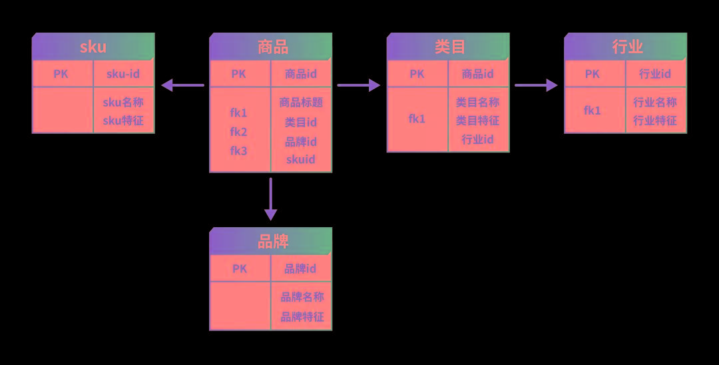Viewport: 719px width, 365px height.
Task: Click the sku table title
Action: [93, 47]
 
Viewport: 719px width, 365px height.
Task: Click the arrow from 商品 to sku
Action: [183, 85]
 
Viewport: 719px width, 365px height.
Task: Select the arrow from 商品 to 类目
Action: [359, 85]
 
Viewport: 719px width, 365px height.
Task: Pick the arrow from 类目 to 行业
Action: [536, 85]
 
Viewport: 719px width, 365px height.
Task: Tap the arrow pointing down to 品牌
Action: [270, 198]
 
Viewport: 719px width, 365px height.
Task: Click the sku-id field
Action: [123, 74]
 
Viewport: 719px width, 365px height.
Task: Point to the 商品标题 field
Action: [301, 103]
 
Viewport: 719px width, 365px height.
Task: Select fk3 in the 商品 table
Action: [238, 151]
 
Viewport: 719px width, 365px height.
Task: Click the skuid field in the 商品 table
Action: [301, 159]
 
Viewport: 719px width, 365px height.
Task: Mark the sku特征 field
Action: [123, 121]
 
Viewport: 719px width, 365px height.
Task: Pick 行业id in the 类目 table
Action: [478, 139]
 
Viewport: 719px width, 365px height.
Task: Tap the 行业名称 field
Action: [655, 103]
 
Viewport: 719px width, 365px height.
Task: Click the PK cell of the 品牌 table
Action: [240, 268]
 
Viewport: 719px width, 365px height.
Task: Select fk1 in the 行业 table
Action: [593, 111]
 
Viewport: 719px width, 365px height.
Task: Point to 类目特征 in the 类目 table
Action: [478, 121]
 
